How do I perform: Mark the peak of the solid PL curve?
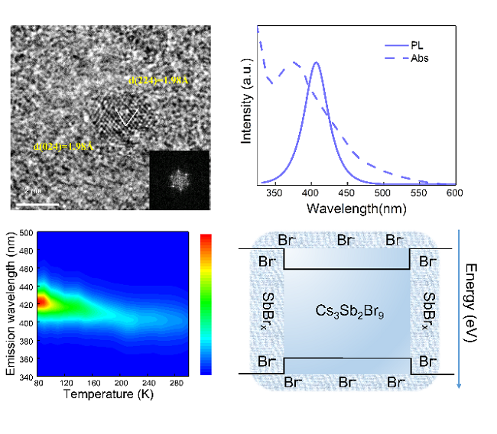316,63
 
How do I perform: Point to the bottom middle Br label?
346,381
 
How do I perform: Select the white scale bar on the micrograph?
36,205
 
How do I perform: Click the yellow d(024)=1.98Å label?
63,145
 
